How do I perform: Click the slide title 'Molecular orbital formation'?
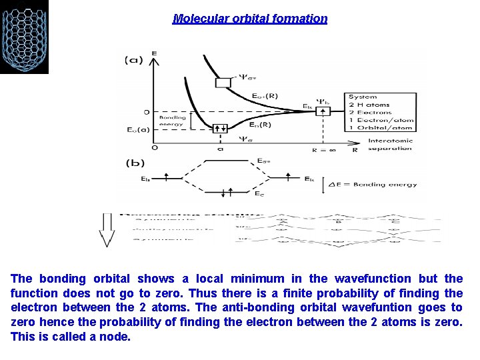[x=250, y=19]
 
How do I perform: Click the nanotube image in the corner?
[x=24, y=37]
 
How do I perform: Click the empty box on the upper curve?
[x=223, y=83]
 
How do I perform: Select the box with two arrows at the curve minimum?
[x=219, y=128]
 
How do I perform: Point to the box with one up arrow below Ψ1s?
[x=323, y=111]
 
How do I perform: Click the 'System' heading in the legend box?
[x=363, y=97]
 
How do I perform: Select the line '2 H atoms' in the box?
[x=370, y=105]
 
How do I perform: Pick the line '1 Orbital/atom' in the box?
[x=381, y=128]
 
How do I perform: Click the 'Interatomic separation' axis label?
[x=390, y=144]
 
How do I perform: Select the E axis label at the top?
[x=155, y=53]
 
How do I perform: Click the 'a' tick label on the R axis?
[x=219, y=150]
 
